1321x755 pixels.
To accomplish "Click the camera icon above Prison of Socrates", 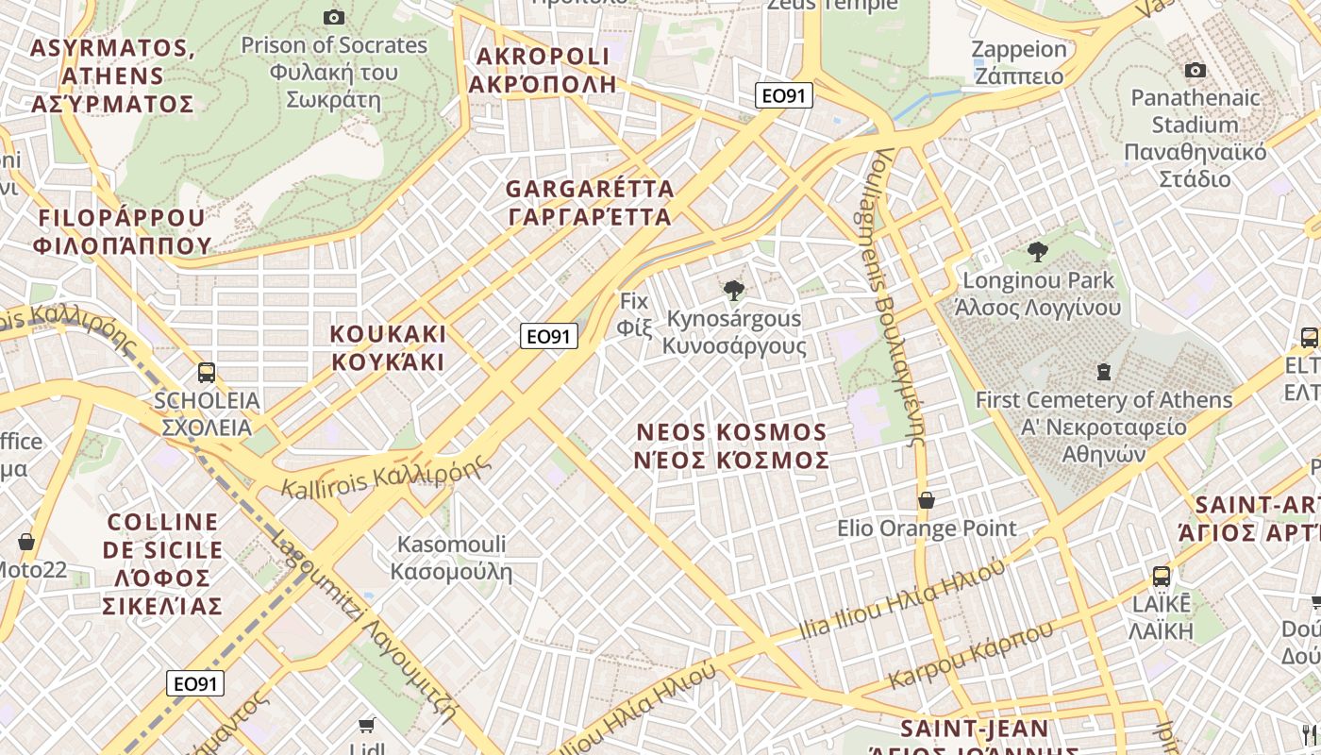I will pyautogui.click(x=333, y=17).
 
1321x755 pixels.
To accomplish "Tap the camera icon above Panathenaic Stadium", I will pyautogui.click(x=1195, y=71).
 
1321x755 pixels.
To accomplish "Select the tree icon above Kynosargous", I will pyautogui.click(x=733, y=290).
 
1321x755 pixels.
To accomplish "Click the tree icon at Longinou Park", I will pyautogui.click(x=1038, y=252).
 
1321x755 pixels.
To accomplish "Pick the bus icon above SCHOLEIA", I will pyautogui.click(x=207, y=373).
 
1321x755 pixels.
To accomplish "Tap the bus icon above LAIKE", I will pyautogui.click(x=1161, y=576).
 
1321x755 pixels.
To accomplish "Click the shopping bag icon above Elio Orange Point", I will pyautogui.click(x=927, y=500).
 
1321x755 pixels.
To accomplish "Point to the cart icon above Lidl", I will pyautogui.click(x=366, y=725).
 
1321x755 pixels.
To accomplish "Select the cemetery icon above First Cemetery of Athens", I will pyautogui.click(x=1103, y=372).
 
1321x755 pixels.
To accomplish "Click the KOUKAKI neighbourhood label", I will pyautogui.click(x=388, y=348).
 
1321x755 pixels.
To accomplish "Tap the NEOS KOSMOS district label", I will pyautogui.click(x=732, y=446).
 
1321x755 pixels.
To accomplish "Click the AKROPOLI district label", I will pyautogui.click(x=543, y=70).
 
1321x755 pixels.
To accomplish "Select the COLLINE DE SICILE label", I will pyautogui.click(x=164, y=563).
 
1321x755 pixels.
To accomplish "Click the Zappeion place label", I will pyautogui.click(x=1018, y=62).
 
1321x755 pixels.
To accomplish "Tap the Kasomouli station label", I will pyautogui.click(x=451, y=558).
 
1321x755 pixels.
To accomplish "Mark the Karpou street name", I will pyautogui.click(x=970, y=655).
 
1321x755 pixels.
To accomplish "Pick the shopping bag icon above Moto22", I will pyautogui.click(x=26, y=542).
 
